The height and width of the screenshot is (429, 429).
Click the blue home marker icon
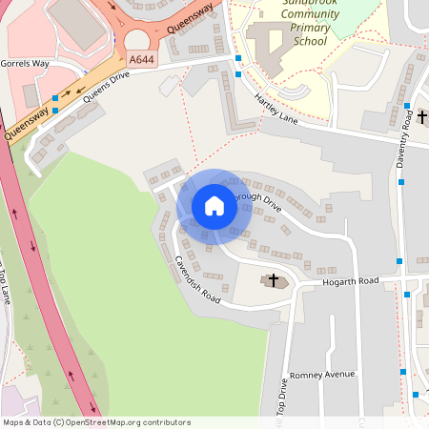click(214, 206)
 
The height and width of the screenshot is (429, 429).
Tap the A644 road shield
click(141, 60)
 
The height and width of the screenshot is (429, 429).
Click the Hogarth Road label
click(350, 281)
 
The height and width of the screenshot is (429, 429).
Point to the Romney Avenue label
click(321, 375)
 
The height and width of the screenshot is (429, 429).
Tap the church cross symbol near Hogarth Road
click(276, 280)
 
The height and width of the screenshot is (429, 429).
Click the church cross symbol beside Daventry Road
click(422, 117)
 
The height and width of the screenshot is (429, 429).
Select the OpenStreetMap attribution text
click(96, 422)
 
